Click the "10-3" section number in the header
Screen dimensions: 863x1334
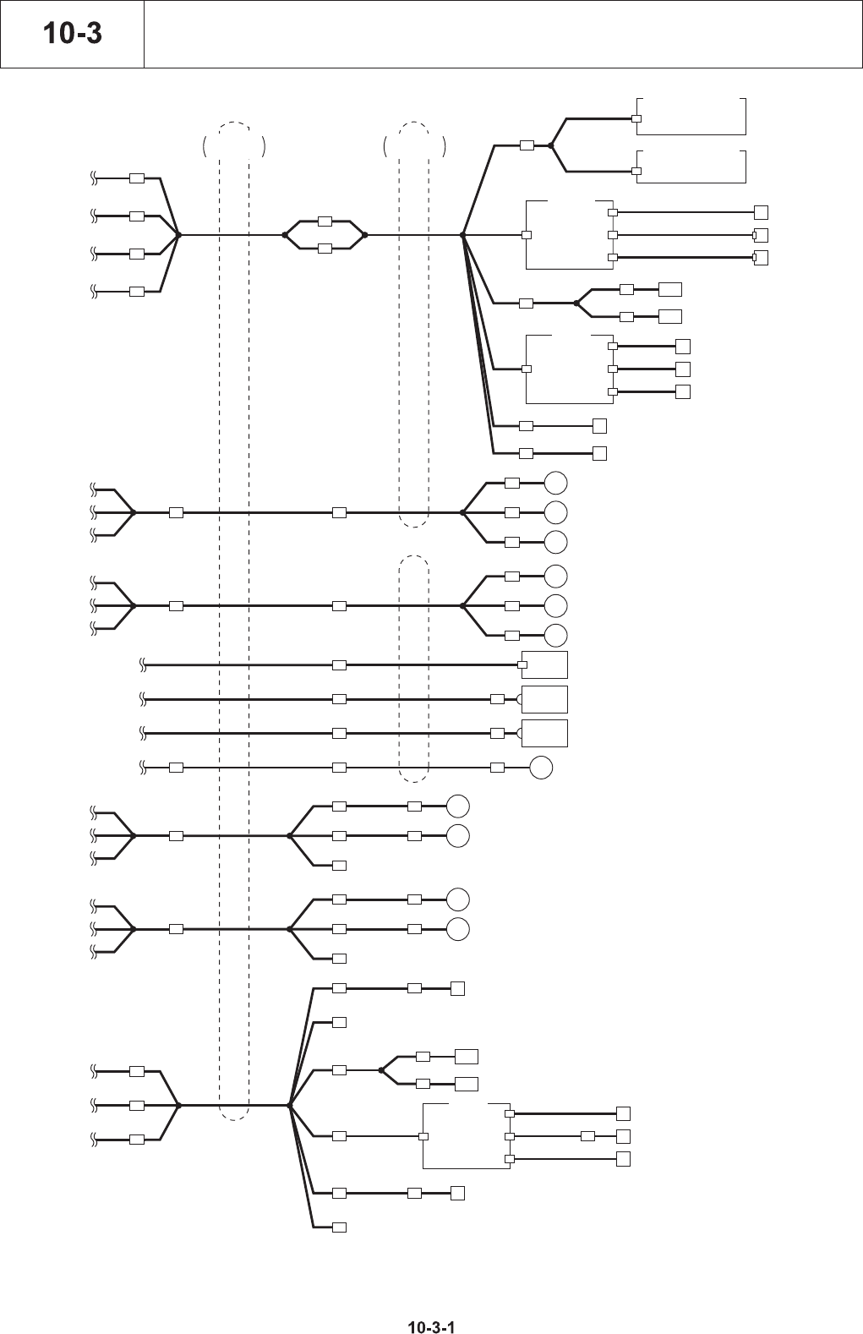(x=72, y=34)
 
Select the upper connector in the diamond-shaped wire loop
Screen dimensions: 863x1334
(x=325, y=221)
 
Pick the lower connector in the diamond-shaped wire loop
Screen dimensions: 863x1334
(x=325, y=249)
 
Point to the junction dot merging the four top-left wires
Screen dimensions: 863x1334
(x=178, y=235)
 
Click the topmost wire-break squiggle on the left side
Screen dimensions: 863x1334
(x=95, y=178)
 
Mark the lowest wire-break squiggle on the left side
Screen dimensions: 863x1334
(x=95, y=1140)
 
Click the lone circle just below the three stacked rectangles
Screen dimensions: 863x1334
(x=541, y=768)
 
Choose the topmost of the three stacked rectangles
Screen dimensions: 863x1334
(x=544, y=665)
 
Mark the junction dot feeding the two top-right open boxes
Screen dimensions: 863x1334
(x=550, y=145)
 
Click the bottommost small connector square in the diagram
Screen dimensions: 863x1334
(x=339, y=1227)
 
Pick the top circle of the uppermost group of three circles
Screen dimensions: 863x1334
(x=555, y=483)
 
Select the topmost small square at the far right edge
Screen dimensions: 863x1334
(x=761, y=212)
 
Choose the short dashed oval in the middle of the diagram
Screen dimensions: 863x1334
(x=413, y=668)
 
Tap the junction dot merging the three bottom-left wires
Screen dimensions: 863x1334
(x=178, y=1105)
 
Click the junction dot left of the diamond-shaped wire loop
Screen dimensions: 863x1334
(x=285, y=235)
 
